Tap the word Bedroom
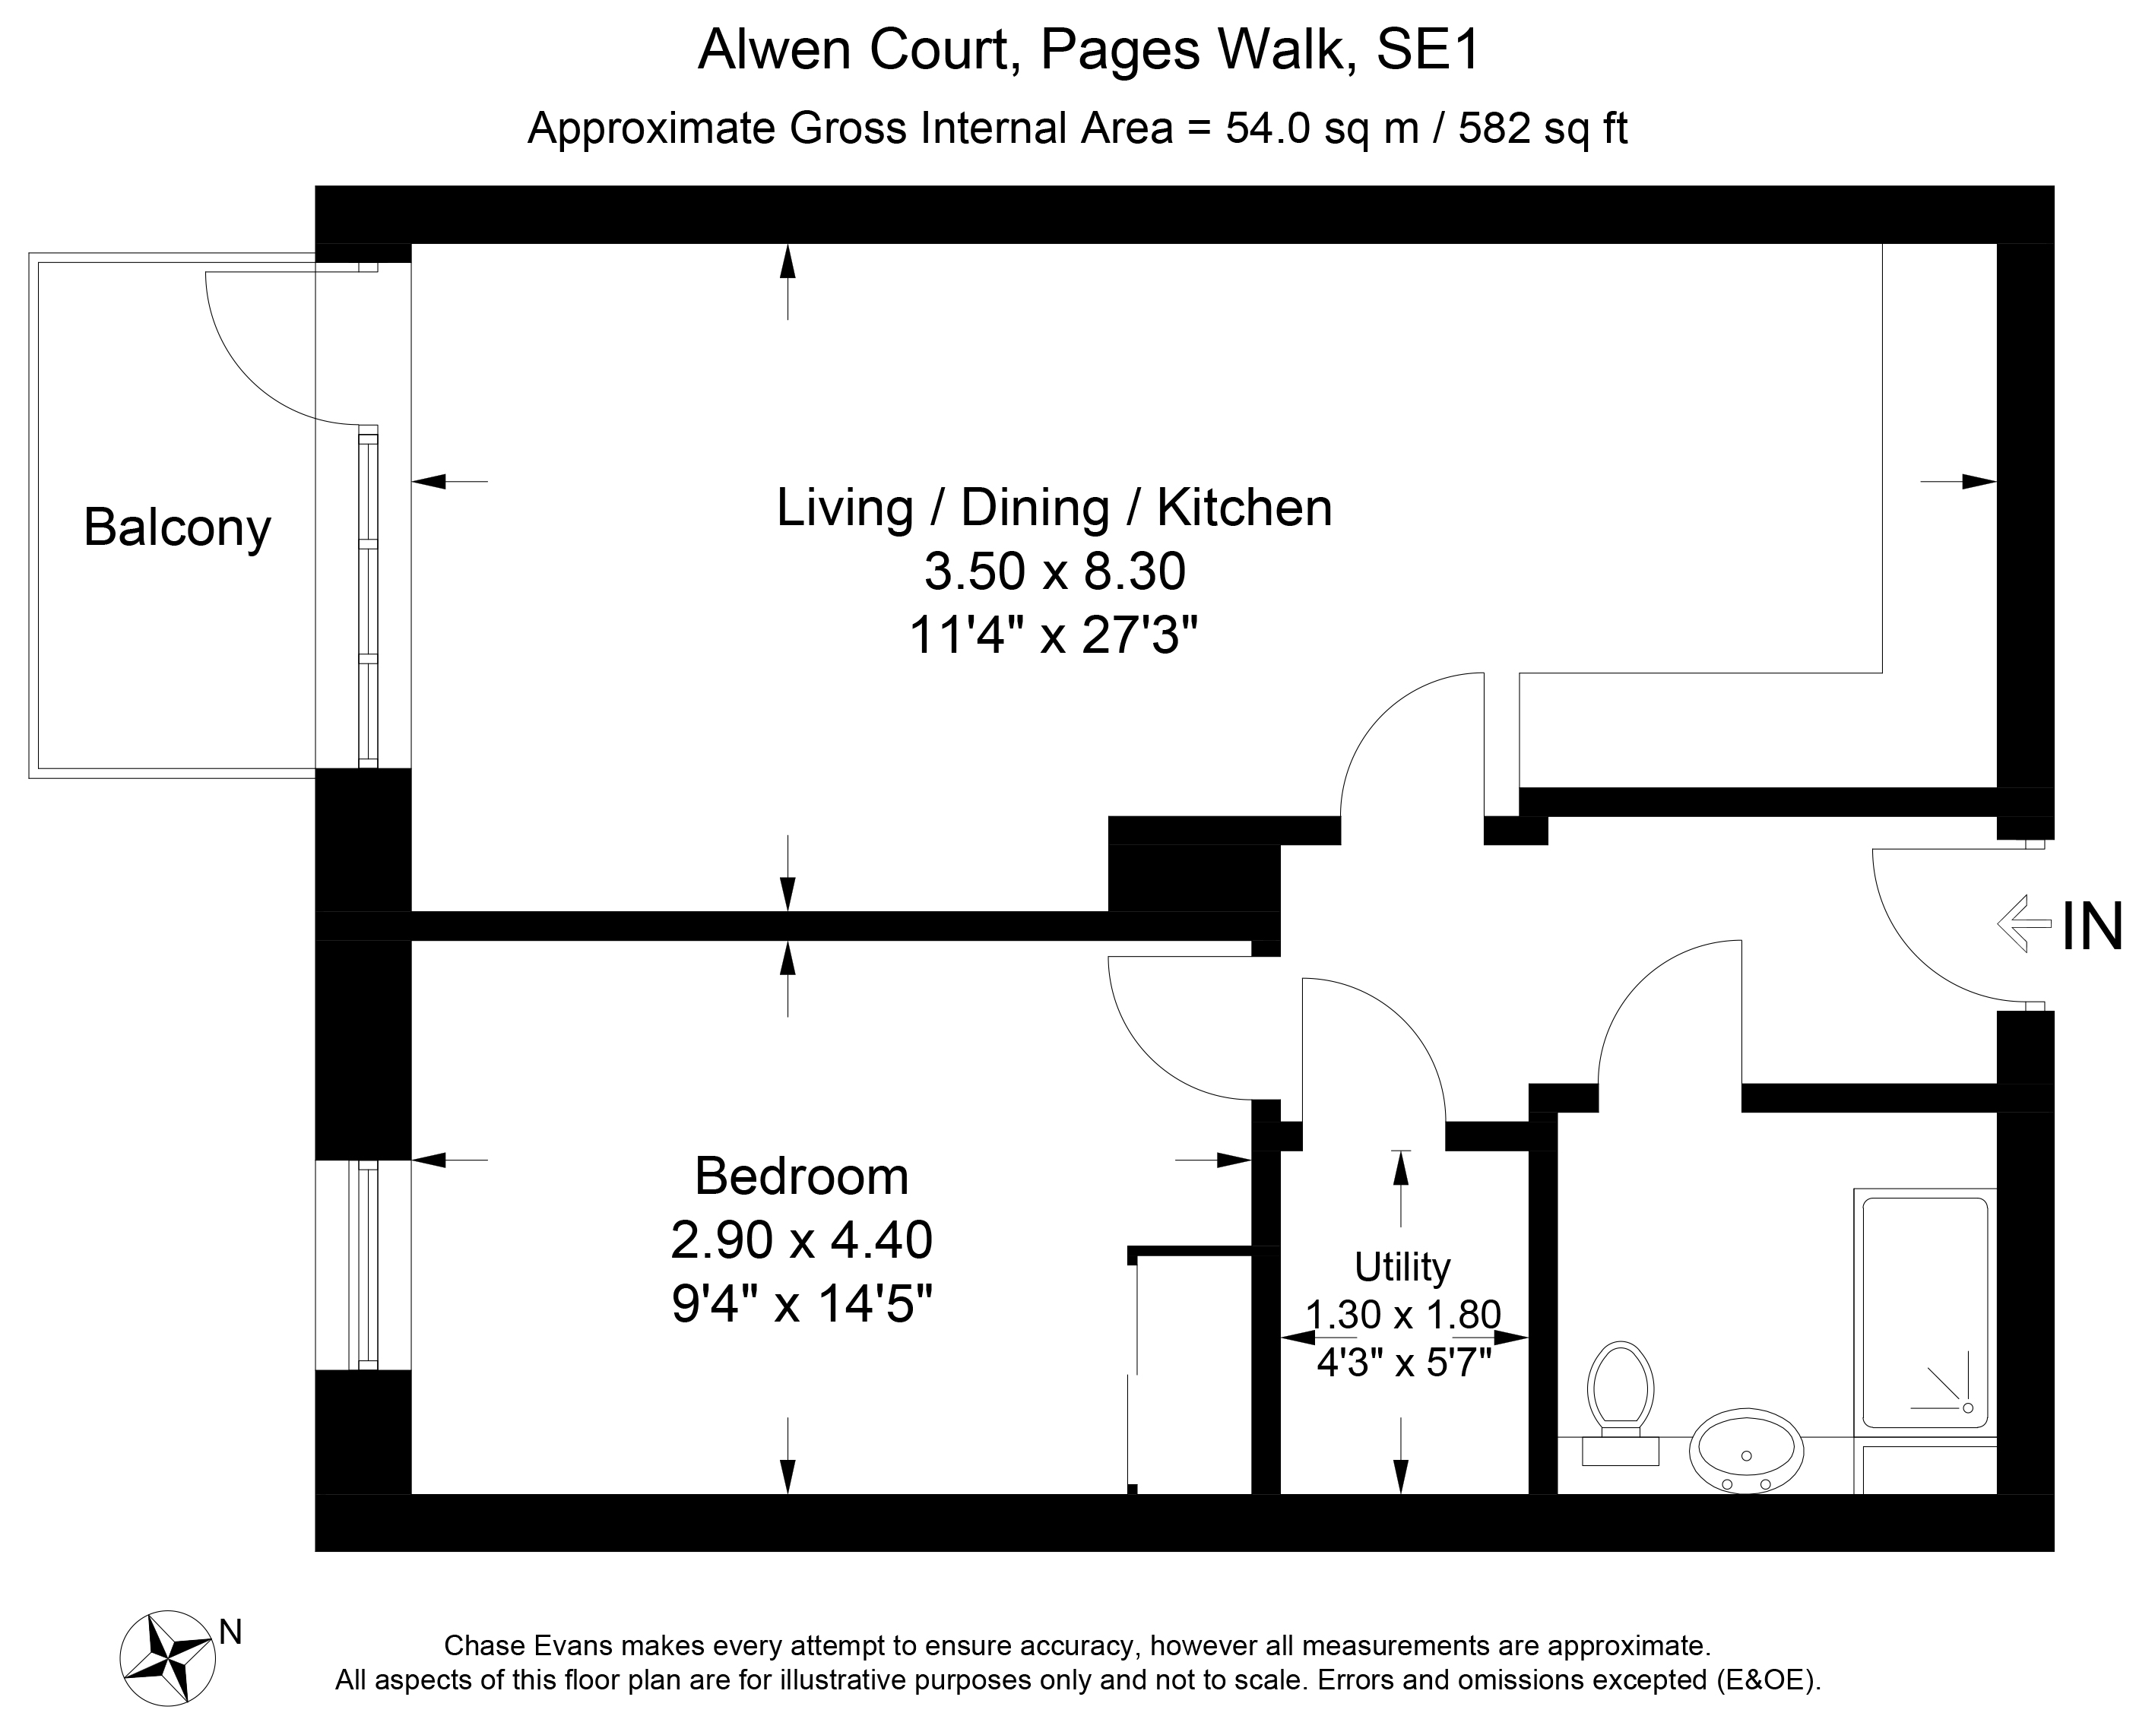pyautogui.click(x=802, y=1176)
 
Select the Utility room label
pyautogui.click(x=1402, y=1268)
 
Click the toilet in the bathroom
pyautogui.click(x=1621, y=1399)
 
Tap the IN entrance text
pyautogui.click(x=2092, y=926)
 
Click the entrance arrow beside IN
pyautogui.click(x=2024, y=923)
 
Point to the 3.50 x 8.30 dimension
pyautogui.click(x=1054, y=571)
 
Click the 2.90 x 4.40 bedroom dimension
pyautogui.click(x=802, y=1240)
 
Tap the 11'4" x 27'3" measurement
pyautogui.click(x=1054, y=635)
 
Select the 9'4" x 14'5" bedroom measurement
pyautogui.click(x=803, y=1304)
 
